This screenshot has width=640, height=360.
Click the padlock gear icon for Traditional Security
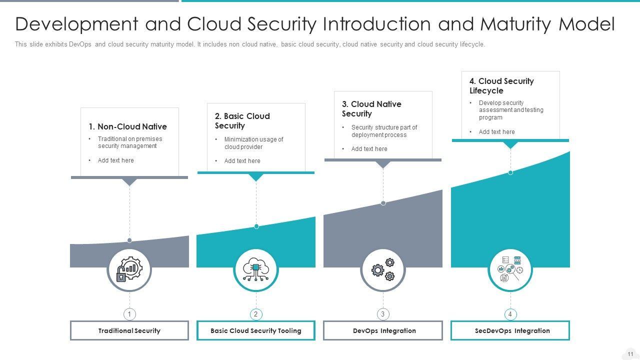click(x=129, y=269)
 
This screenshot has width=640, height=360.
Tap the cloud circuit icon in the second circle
click(x=256, y=269)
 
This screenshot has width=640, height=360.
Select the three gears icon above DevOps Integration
click(x=383, y=269)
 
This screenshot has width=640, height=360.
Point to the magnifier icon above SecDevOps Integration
click(x=510, y=269)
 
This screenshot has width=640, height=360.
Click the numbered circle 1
click(x=129, y=314)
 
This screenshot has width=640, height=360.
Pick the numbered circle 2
click(x=256, y=314)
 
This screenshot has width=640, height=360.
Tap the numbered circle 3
click(x=383, y=314)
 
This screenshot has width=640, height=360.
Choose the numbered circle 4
click(x=510, y=314)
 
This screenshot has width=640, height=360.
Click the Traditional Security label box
click(x=129, y=330)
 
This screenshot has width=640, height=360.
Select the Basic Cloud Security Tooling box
click(x=256, y=330)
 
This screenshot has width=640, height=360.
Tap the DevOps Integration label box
click(x=383, y=330)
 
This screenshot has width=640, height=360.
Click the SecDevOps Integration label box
click(x=510, y=330)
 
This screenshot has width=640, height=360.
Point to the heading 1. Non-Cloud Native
click(x=127, y=126)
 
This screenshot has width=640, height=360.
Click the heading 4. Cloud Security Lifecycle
click(x=501, y=85)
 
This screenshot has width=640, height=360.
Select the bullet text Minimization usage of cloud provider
click(x=253, y=143)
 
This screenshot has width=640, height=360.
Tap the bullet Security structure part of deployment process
click(x=384, y=131)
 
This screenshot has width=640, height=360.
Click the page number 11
click(x=630, y=354)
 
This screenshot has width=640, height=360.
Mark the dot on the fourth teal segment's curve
click(x=510, y=172)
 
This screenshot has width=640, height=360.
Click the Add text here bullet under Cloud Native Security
click(x=369, y=149)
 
